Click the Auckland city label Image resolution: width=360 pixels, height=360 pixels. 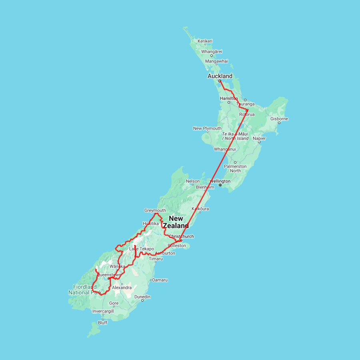tap(220, 76)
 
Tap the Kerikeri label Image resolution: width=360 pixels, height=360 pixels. tap(205, 41)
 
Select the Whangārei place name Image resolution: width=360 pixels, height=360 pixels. tap(212, 52)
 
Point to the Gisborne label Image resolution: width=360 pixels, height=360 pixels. tap(279, 119)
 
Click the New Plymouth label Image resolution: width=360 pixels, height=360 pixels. tap(207, 128)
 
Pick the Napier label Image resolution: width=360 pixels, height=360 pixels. tap(259, 138)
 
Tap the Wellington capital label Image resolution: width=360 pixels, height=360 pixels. tap(220, 181)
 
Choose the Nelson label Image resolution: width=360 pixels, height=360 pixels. tap(193, 181)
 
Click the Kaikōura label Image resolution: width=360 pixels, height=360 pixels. tap(200, 209)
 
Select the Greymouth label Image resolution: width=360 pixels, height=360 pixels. tap(155, 210)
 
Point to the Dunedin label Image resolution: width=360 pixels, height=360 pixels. tap(142, 297)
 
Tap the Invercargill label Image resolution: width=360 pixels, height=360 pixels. tap(103, 311)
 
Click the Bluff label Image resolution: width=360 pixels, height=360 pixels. tap(103, 323)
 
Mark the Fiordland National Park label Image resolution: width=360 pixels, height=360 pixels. tap(84, 290)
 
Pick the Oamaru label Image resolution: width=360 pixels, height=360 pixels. tap(160, 280)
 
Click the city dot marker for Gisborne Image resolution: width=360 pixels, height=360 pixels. tap(279, 123)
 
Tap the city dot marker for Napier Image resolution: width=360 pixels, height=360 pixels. tap(259, 142)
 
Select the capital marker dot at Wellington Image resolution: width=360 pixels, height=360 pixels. tap(220, 185)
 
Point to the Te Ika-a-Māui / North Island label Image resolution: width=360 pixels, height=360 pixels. tap(235, 136)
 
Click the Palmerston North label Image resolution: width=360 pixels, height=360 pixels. tap(235, 168)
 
